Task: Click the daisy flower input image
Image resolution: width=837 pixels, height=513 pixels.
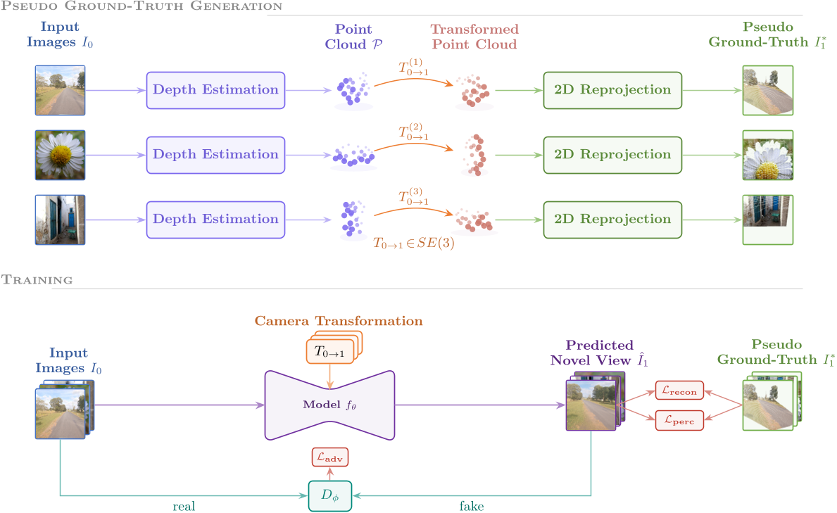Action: pos(60,155)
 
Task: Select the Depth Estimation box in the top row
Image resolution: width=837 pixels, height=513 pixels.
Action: pos(215,90)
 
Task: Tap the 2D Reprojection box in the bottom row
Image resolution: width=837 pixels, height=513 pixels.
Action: pos(612,220)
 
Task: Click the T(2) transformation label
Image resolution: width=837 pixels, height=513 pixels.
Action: pos(413,132)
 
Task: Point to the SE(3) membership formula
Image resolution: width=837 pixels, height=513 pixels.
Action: pos(413,243)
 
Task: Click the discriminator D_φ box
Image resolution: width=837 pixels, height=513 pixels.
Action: pos(329,496)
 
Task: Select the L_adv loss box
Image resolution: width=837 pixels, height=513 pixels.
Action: pos(329,458)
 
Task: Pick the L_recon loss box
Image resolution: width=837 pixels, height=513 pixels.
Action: pos(679,391)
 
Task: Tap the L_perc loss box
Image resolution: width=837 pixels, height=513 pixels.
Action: pos(679,420)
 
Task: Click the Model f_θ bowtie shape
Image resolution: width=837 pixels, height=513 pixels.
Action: pos(329,405)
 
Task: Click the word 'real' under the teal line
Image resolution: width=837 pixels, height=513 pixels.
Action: pos(184,506)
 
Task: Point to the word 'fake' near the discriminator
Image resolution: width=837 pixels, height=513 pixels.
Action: pos(472,506)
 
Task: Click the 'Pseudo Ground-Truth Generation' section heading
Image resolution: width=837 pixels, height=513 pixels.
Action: pos(141,6)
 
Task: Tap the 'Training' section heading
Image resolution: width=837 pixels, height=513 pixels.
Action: pos(37,280)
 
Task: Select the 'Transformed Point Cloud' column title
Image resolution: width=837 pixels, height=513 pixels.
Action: pos(474,37)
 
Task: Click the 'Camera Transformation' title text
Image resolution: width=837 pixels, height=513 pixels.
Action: pos(339,321)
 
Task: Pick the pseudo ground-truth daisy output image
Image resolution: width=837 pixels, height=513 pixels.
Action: pos(767,155)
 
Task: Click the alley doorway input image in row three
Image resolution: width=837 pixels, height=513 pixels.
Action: pos(60,220)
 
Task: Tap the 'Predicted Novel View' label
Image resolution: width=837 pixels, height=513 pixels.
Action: pos(599,353)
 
